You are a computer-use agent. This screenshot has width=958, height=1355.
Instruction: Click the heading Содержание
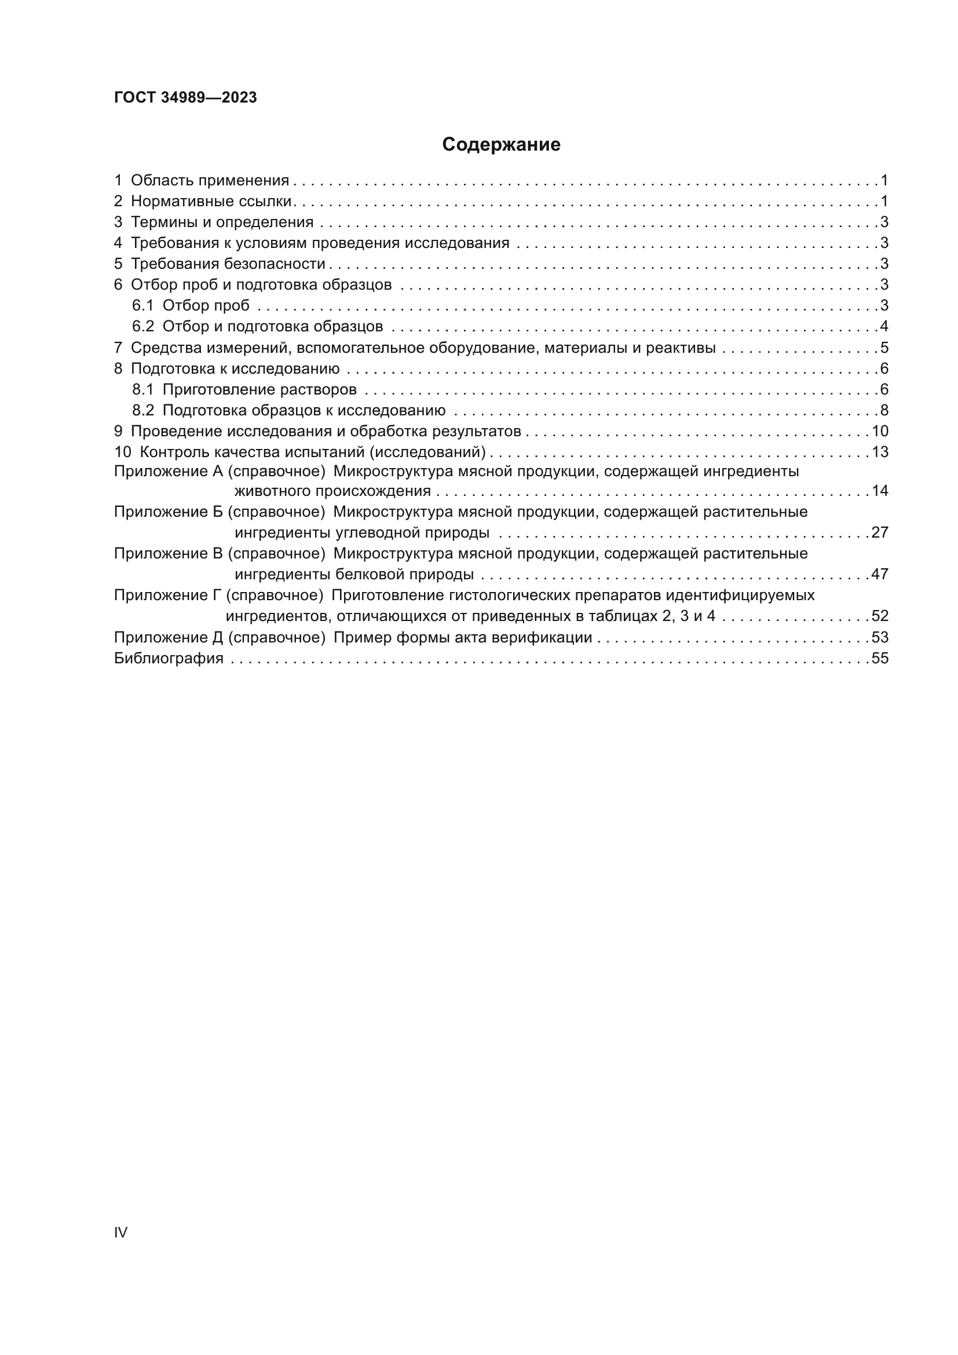coord(501,145)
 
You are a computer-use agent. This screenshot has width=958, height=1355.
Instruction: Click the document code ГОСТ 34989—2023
coord(185,98)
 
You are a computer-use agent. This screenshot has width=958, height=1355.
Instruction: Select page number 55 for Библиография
coord(880,658)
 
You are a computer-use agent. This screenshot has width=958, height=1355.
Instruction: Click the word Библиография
coord(169,658)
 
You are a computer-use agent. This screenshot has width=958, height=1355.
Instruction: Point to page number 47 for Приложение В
coord(880,574)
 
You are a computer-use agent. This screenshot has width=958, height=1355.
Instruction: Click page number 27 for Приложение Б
coord(880,532)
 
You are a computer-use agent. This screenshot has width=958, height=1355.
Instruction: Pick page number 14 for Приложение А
coord(880,491)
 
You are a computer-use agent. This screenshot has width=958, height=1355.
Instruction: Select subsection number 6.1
coord(142,306)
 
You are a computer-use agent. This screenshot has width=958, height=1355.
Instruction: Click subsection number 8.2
coord(142,410)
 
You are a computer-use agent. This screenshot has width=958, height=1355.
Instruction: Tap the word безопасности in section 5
coord(275,264)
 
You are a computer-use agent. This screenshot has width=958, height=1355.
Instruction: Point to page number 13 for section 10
coord(880,452)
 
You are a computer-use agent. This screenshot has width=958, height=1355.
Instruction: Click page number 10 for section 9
coord(880,432)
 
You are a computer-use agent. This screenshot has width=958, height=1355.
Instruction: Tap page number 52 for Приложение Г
coord(880,616)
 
